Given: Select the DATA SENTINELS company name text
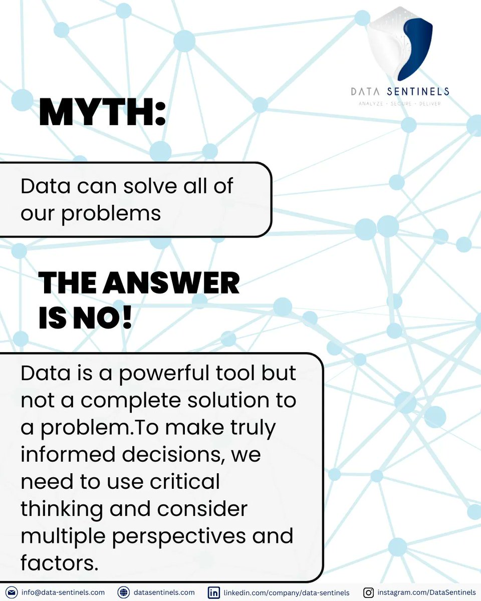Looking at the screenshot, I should point(400,92).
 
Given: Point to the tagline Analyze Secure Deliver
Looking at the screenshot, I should point(400,104).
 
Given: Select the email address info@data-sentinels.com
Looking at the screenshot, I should point(63,592).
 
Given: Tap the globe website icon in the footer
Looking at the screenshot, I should point(123,592).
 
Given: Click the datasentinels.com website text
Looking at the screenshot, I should point(164,592).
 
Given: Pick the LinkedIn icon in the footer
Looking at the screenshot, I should point(214,592).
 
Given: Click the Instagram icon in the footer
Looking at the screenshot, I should point(368,592).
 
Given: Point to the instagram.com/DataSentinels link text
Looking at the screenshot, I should point(426,592).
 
